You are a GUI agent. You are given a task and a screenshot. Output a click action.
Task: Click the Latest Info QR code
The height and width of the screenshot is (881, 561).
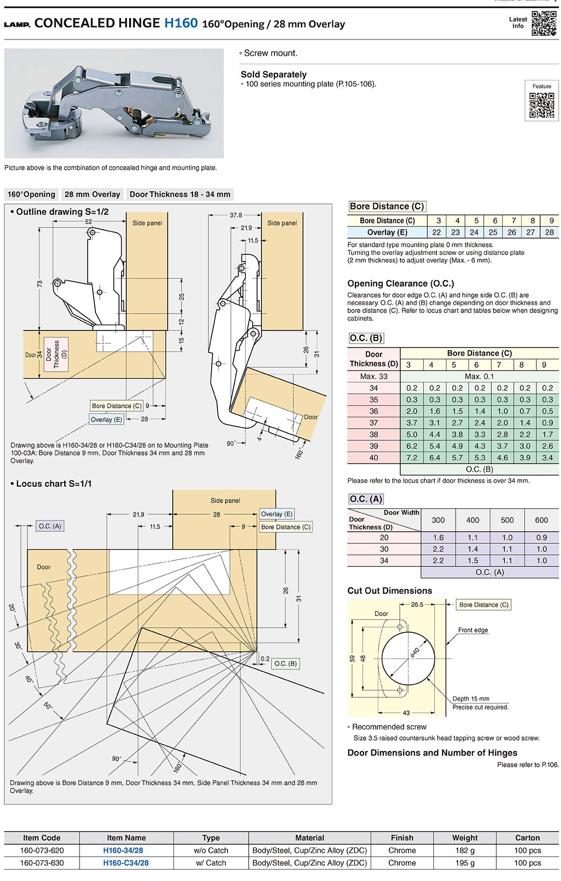[x=544, y=23]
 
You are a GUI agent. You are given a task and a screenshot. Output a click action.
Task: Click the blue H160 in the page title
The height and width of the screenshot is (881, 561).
[x=180, y=23]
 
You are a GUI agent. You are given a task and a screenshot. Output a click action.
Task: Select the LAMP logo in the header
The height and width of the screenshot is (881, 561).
[x=17, y=25]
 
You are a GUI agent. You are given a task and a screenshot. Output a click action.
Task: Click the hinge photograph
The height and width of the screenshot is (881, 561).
[x=114, y=103]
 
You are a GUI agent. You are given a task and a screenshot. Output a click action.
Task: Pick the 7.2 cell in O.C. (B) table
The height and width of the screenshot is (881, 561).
[x=412, y=458]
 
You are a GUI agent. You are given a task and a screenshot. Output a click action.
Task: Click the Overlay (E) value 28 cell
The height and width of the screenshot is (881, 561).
[x=549, y=232]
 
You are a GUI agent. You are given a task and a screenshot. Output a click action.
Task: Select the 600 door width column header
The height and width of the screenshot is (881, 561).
[x=541, y=520]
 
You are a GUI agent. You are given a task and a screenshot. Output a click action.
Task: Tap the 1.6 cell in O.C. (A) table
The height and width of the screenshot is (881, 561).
[x=438, y=538]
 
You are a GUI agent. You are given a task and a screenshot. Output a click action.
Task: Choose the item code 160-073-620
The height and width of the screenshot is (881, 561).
[x=42, y=851]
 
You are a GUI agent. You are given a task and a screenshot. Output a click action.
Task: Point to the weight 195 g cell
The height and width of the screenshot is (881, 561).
[x=464, y=863]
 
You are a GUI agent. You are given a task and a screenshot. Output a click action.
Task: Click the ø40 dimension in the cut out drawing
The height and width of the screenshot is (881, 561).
[x=415, y=652]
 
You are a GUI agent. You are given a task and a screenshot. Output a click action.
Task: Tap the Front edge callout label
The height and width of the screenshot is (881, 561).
[x=473, y=630]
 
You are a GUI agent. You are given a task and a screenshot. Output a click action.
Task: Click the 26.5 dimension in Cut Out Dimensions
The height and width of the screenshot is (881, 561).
[x=417, y=605]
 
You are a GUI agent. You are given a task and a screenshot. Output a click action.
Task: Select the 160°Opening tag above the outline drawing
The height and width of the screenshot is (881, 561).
[x=31, y=195]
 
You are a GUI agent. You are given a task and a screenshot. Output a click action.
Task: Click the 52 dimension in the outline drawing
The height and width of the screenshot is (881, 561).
[x=89, y=222]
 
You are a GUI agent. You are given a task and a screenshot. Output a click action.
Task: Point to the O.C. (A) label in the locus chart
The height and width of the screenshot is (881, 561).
[x=50, y=526]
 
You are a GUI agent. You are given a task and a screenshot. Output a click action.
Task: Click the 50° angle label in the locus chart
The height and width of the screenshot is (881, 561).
[x=48, y=706]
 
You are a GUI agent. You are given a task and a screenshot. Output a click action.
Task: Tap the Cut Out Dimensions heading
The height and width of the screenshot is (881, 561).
[x=389, y=591]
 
